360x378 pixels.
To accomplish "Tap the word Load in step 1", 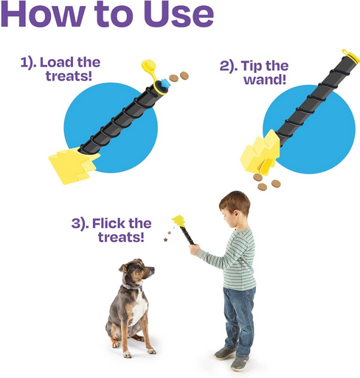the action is [57, 62].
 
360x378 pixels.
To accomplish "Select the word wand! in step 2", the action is [265, 79].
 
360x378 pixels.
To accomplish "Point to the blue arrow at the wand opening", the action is [165, 83].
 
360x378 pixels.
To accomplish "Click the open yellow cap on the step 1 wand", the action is [150, 72].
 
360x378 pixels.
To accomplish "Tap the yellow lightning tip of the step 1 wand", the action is [72, 166].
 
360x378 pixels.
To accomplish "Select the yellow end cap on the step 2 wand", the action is [350, 57].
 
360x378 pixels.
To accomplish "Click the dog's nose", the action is [153, 269].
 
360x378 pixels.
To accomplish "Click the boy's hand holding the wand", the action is [194, 250].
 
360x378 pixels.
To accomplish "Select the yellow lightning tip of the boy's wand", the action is [179, 221].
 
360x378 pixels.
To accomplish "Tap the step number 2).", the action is [229, 66].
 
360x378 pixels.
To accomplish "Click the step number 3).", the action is [80, 224].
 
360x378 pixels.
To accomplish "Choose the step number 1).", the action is [28, 63].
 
